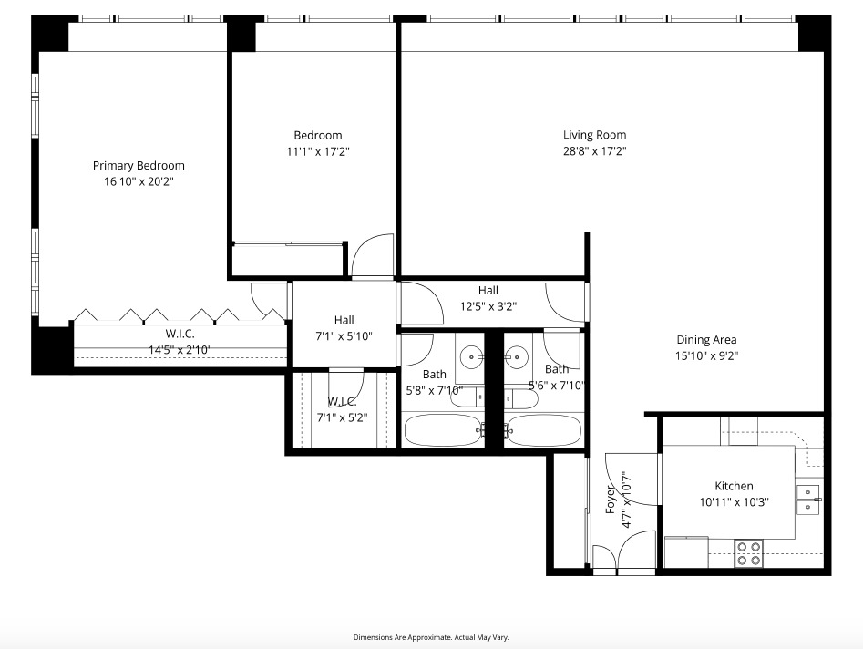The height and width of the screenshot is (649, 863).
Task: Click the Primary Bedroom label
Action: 139,165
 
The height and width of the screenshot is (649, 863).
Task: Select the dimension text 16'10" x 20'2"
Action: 139,181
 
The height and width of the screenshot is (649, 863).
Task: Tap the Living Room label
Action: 594,135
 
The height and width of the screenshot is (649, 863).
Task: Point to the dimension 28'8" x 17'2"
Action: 594,151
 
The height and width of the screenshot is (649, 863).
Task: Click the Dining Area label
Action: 706,340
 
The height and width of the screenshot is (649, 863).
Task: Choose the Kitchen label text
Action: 734,486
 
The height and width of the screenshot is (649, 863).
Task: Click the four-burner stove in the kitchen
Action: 748,553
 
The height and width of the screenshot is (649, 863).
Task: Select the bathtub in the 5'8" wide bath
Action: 441,429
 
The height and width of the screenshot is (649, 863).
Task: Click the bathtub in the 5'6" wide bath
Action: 544,429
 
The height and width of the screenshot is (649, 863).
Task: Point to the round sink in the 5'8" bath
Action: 472,355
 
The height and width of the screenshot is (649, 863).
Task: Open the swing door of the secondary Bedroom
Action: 373,256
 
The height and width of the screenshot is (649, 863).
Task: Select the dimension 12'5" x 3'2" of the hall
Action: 488,307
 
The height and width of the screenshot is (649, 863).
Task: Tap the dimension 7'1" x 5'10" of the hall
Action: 344,336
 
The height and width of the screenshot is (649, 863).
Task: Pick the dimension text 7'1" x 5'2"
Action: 344,417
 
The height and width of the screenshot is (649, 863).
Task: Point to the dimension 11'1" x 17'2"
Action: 317,151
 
